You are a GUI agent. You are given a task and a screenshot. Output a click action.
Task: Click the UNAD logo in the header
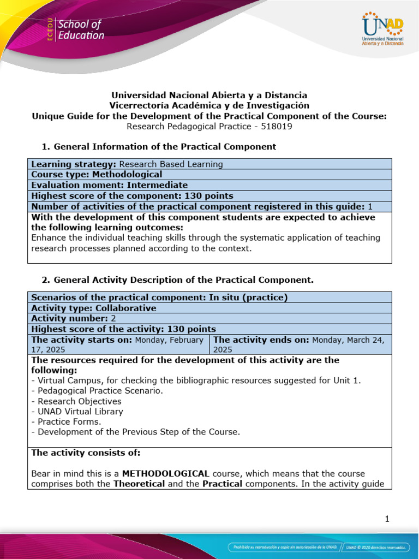[382, 29]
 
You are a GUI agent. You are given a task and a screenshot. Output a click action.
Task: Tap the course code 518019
[279, 126]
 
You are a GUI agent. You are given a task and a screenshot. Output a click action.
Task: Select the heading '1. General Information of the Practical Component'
[159, 146]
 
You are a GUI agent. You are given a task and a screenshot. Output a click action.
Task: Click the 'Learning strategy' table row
[209, 164]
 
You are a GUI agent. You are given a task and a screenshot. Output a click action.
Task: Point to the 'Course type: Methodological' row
[209, 175]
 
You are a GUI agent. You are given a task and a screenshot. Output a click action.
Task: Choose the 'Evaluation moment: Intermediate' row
[209, 185]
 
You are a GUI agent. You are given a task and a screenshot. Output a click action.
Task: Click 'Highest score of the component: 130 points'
[133, 196]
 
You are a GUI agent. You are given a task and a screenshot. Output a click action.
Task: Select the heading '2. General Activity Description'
[178, 280]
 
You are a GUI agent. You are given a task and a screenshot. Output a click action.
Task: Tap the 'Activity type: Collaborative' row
[209, 308]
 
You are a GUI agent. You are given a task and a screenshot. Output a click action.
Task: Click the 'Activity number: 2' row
[209, 318]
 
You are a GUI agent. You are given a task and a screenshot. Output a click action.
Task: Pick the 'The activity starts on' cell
[118, 344]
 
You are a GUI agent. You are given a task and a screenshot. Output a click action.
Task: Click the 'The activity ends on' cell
[301, 344]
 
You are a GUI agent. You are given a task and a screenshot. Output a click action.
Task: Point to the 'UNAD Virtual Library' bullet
[77, 412]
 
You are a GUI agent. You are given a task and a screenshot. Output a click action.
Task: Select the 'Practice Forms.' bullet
[62, 422]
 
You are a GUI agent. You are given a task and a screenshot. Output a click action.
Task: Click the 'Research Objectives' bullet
[76, 401]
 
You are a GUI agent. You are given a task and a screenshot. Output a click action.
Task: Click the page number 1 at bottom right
[387, 519]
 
